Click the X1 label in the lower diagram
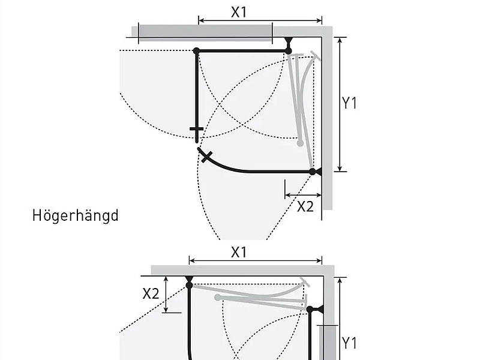(x=239, y=252)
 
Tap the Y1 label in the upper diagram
(x=349, y=103)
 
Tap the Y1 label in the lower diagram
(x=349, y=343)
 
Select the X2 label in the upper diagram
(x=305, y=207)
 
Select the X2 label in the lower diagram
(x=151, y=293)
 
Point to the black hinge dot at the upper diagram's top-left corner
(x=196, y=51)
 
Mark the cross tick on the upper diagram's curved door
(x=206, y=157)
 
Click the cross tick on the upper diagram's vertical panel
(x=196, y=129)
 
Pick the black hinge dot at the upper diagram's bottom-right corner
(x=313, y=172)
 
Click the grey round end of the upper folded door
(x=300, y=143)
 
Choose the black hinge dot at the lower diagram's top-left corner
(x=189, y=285)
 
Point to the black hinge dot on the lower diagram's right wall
(x=310, y=310)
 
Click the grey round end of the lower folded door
(x=218, y=297)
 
